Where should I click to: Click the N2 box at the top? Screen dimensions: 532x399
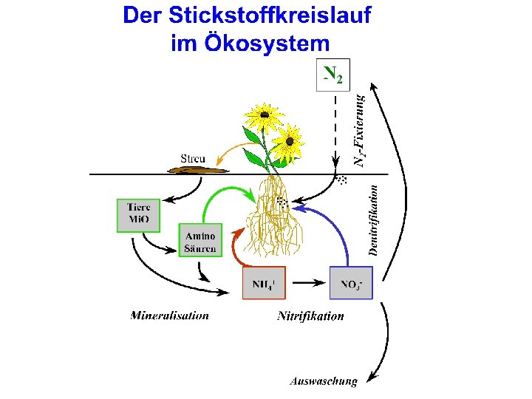tap(332, 75)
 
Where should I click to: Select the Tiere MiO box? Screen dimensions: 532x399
tap(138, 215)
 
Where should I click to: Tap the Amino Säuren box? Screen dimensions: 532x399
tap(199, 240)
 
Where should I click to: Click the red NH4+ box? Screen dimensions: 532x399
tap(264, 282)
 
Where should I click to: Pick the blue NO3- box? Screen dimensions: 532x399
tap(351, 282)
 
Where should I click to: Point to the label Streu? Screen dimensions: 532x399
tap(193, 158)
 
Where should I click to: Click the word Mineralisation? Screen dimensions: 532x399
tap(169, 316)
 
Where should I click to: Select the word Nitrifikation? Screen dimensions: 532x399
tap(310, 316)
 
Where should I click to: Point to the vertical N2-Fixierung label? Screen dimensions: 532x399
tap(359, 129)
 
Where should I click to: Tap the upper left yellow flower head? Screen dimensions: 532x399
tap(263, 115)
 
